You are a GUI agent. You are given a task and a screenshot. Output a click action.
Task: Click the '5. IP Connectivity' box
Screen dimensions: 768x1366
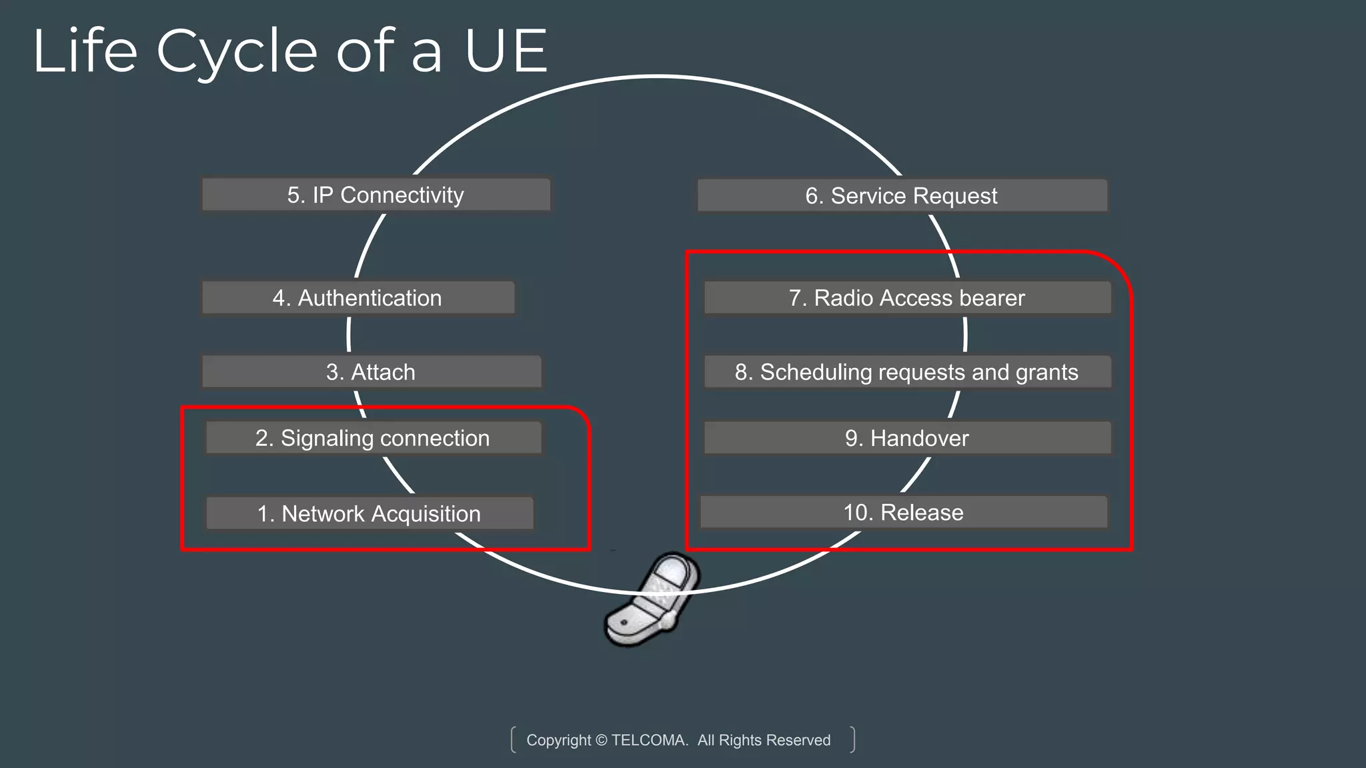point(376,195)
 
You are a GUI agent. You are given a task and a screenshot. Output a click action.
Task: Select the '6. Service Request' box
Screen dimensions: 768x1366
point(901,195)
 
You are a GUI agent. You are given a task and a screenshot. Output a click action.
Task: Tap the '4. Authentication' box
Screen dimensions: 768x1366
point(358,297)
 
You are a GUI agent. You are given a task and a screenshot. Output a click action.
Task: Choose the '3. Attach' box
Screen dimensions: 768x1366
point(371,371)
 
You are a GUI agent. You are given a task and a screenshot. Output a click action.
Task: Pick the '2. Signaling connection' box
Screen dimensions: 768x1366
point(373,438)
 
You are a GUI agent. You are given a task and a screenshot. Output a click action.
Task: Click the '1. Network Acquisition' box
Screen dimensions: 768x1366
point(369,513)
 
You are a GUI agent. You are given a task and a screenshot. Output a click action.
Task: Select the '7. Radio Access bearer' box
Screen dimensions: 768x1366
point(906,297)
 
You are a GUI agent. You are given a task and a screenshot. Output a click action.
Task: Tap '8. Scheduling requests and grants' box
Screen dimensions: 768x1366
point(906,371)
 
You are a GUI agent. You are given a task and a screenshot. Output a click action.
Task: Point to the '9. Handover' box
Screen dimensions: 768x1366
point(906,438)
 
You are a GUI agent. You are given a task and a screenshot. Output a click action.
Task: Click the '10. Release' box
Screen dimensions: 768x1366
point(903,512)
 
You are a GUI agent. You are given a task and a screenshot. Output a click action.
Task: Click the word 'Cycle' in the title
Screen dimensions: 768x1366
point(237,52)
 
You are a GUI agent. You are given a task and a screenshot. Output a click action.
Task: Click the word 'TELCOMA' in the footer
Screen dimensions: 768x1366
point(649,740)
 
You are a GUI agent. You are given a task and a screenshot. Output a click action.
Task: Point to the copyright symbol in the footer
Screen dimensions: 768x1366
point(601,740)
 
